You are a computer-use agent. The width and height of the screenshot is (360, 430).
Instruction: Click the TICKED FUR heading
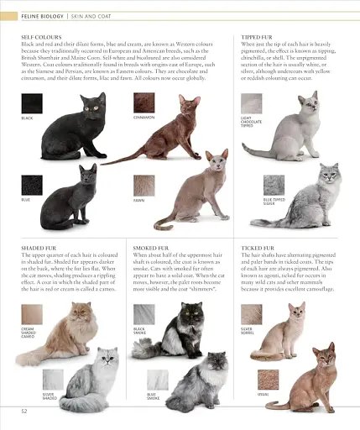(x=257, y=249)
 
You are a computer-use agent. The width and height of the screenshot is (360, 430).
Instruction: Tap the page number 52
(x=24, y=411)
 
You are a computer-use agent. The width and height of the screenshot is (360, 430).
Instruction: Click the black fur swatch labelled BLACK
(x=32, y=104)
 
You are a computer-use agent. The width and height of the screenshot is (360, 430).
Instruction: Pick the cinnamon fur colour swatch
(x=143, y=103)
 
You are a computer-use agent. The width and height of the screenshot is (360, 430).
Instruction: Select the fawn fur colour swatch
(x=143, y=186)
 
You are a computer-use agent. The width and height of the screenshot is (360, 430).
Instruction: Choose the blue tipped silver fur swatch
(x=274, y=186)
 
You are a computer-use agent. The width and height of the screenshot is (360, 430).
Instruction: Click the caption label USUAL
(x=263, y=392)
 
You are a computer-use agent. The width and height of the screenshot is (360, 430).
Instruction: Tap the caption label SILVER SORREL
(x=248, y=331)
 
